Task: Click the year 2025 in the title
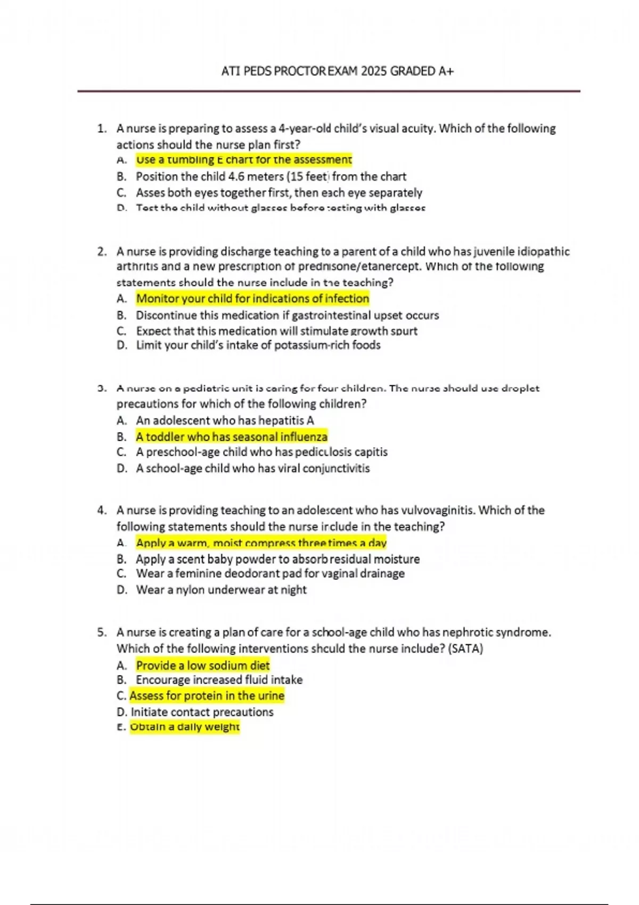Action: pos(373,71)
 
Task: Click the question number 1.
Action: pos(101,129)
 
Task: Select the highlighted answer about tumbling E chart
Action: pos(244,160)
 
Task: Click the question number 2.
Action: pos(101,252)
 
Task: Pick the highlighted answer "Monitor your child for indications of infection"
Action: pos(252,299)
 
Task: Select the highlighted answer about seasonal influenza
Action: pos(232,437)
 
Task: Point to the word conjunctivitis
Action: pos(336,468)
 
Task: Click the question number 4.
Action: pos(101,511)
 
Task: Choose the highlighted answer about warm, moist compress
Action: pos(261,543)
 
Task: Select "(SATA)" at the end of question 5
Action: pos(465,649)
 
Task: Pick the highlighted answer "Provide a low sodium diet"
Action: pos(203,665)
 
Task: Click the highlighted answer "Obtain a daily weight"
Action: pos(185,727)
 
